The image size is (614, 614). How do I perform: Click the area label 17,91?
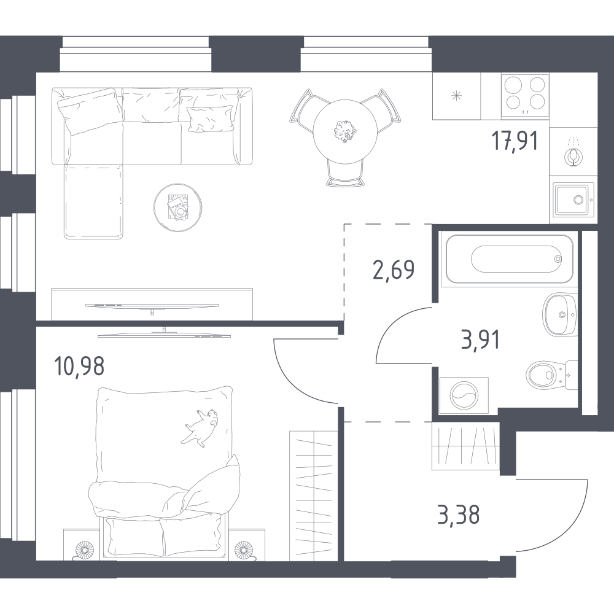[x=515, y=141]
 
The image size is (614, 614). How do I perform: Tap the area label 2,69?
[x=394, y=270]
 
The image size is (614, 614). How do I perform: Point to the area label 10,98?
[x=79, y=366]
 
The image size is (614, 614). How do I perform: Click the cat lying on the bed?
[x=201, y=427]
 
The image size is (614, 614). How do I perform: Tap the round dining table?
[x=345, y=131]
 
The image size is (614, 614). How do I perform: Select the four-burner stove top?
[x=525, y=96]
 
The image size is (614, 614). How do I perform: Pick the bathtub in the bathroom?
[x=509, y=258]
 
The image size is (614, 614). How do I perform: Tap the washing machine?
[x=464, y=395]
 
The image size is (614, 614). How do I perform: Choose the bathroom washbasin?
[x=560, y=314]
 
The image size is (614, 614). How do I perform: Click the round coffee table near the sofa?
[x=178, y=208]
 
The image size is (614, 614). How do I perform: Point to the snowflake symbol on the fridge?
[x=457, y=96]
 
